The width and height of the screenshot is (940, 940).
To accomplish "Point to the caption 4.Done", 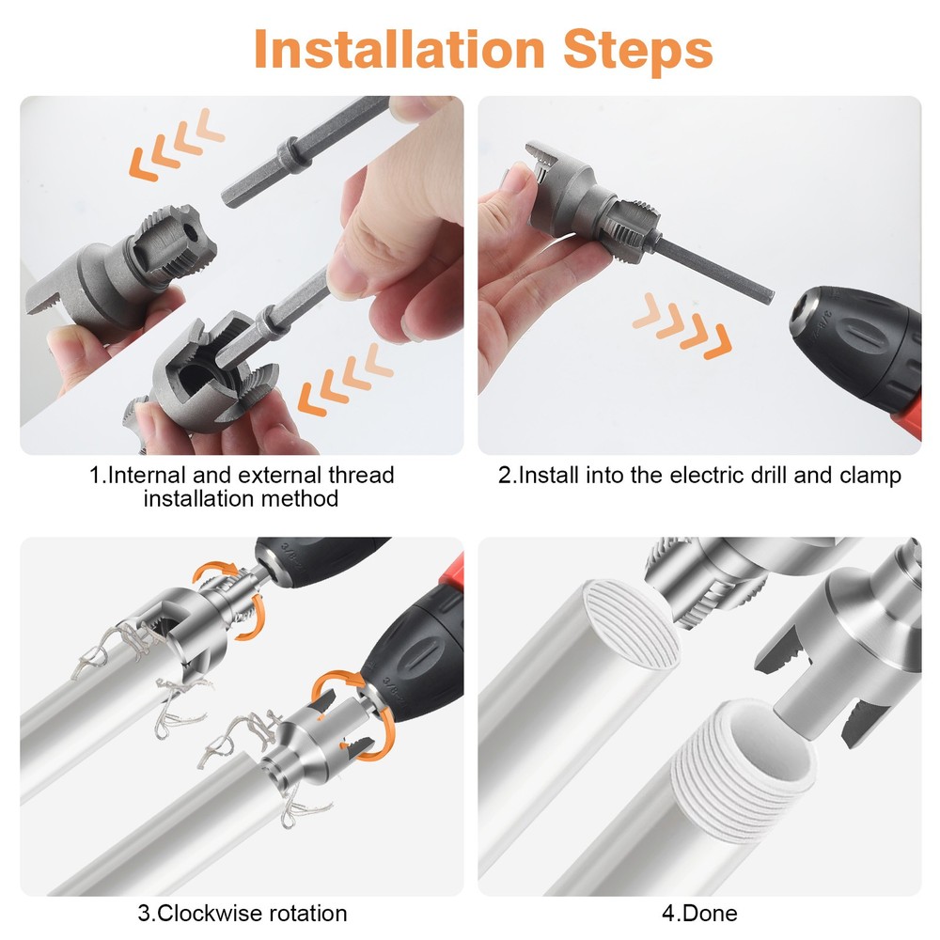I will click(x=699, y=913).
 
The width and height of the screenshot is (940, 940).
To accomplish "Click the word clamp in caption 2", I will click(x=870, y=475).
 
